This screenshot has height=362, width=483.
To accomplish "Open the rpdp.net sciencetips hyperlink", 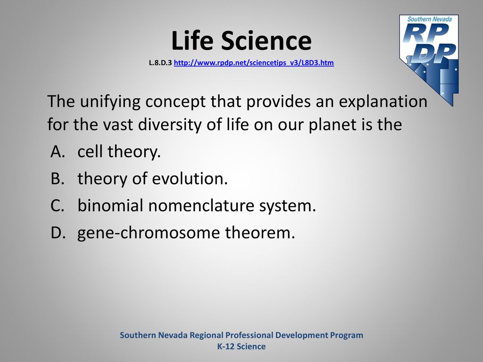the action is click(254, 63).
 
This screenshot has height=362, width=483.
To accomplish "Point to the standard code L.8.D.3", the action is click(160, 63).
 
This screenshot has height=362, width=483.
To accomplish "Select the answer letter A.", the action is click(58, 151).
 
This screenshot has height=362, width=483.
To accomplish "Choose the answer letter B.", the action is click(58, 179).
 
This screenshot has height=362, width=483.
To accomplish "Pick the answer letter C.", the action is click(58, 206).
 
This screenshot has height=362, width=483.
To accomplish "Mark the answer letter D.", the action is click(58, 232).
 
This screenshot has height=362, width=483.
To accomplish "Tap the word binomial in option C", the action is click(110, 206).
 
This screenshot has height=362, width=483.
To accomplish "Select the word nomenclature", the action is click(201, 206).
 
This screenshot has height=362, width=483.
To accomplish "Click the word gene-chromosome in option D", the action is click(149, 233).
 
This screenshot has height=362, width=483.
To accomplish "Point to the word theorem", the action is click(260, 232).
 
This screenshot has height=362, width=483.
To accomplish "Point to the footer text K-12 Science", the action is click(241, 346).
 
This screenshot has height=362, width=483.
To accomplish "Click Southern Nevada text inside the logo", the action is click(429, 19).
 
